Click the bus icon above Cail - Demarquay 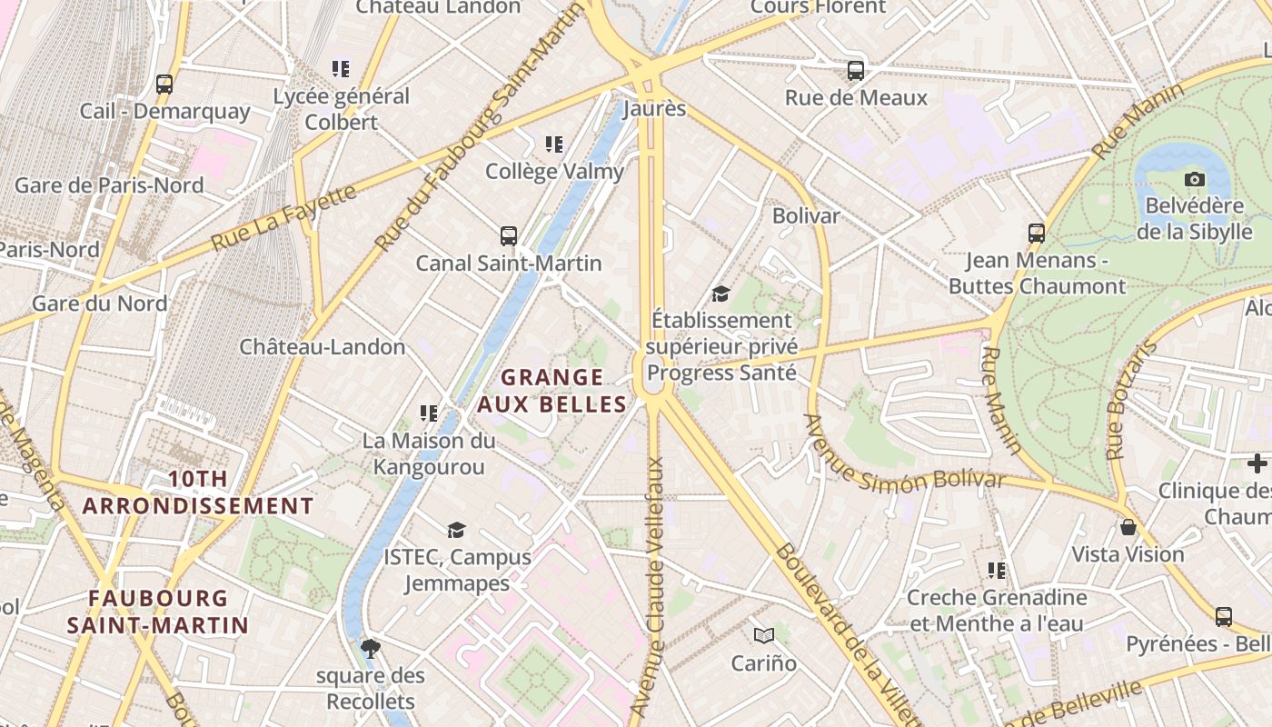(164, 85)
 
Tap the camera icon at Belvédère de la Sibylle (1195, 179)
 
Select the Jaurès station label (654, 109)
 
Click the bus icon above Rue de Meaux (855, 71)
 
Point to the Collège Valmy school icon (554, 144)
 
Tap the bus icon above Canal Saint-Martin (509, 236)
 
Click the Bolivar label (806, 216)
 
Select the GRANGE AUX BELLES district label (552, 391)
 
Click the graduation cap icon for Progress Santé (720, 294)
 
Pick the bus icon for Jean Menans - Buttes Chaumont (1036, 234)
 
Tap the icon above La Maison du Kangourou (429, 413)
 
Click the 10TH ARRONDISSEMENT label (198, 493)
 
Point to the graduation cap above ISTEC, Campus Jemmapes (456, 530)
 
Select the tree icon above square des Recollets (370, 649)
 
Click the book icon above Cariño (764, 635)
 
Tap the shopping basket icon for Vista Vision (1128, 527)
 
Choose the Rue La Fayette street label (283, 218)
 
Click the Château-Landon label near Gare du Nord (323, 347)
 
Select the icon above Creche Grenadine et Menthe (997, 571)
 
